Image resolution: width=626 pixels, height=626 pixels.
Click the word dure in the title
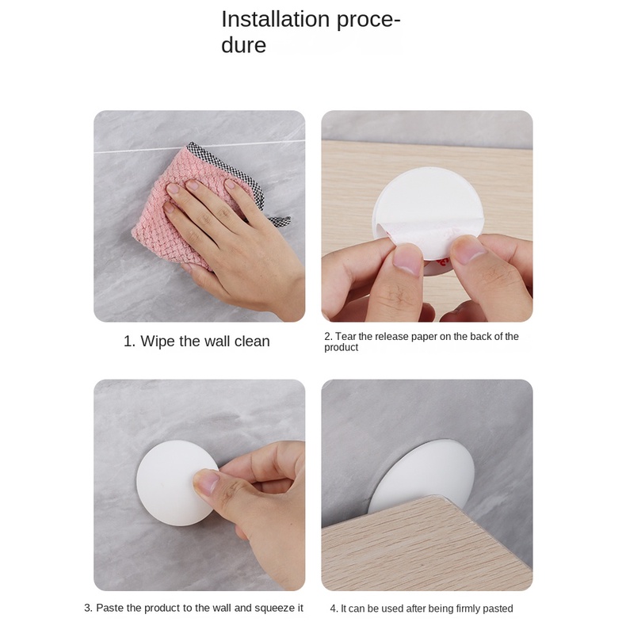pyautogui.click(x=243, y=44)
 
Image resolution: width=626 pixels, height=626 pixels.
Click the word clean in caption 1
pyautogui.click(x=252, y=342)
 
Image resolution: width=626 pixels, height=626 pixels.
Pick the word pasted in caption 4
pyautogui.click(x=498, y=609)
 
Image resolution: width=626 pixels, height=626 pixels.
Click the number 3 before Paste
pyautogui.click(x=87, y=608)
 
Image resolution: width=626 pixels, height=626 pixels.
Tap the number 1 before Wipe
pyautogui.click(x=128, y=342)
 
